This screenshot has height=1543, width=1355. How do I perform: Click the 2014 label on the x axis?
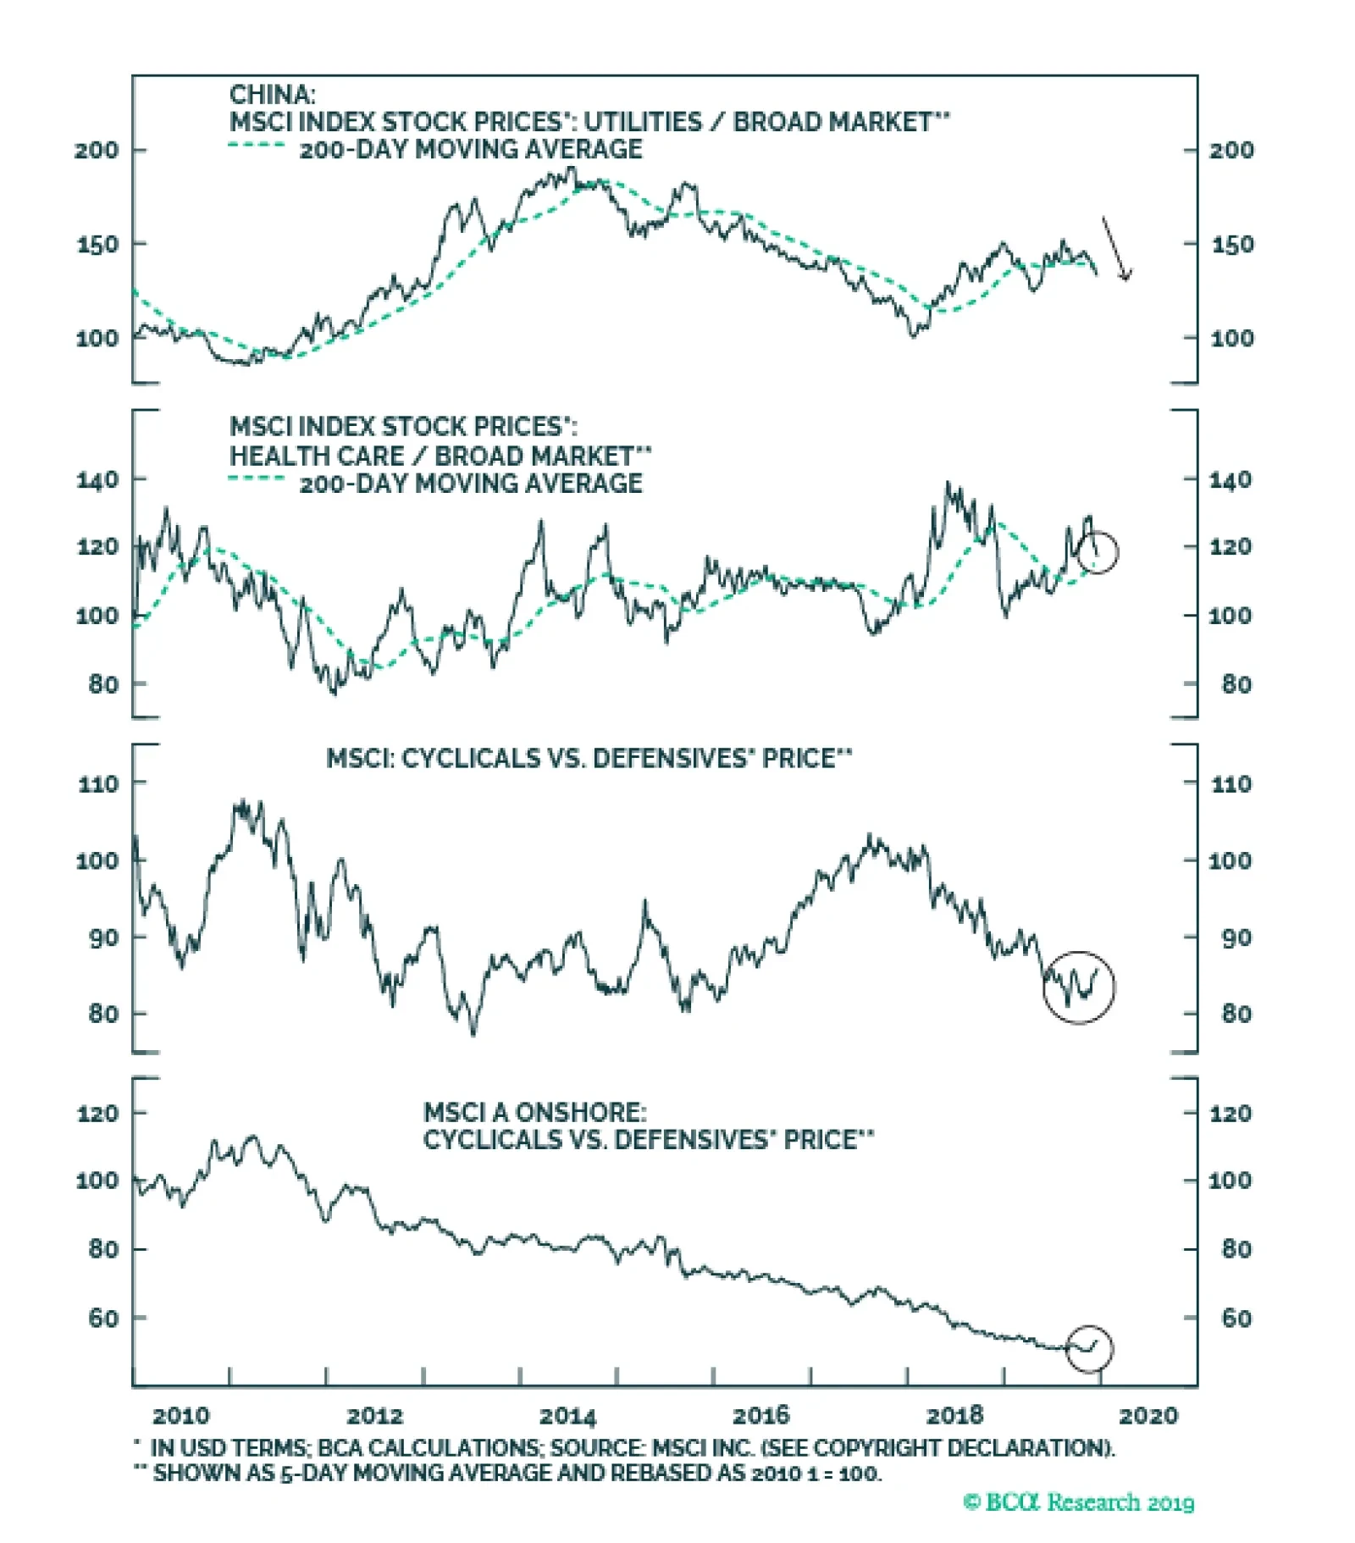pyautogui.click(x=567, y=1415)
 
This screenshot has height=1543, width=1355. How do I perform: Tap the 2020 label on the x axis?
pyautogui.click(x=1148, y=1415)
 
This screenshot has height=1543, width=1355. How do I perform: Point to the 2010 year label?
pyautogui.click(x=180, y=1415)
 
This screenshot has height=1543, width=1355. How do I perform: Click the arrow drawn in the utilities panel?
pyautogui.click(x=1116, y=248)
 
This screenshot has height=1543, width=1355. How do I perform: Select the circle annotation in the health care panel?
pyautogui.click(x=1098, y=552)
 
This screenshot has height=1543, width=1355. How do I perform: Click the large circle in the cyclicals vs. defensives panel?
pyautogui.click(x=1079, y=987)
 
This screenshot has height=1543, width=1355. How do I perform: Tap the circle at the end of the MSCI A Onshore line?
pyautogui.click(x=1088, y=1348)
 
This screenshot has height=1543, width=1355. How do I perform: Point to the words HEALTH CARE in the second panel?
pyautogui.click(x=317, y=456)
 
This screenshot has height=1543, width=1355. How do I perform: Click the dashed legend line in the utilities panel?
pyautogui.click(x=257, y=146)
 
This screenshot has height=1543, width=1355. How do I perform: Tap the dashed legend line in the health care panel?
pyautogui.click(x=257, y=479)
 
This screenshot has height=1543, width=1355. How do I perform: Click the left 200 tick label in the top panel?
pyautogui.click(x=97, y=150)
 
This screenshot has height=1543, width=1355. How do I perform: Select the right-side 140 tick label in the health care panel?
pyautogui.click(x=1230, y=480)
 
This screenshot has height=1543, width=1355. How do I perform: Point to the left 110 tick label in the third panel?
pyautogui.click(x=98, y=783)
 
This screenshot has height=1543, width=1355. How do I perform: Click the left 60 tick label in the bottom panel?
pyautogui.click(x=103, y=1318)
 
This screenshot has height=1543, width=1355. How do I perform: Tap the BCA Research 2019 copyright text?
pyautogui.click(x=1078, y=1502)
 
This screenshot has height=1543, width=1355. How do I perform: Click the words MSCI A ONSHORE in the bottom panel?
pyautogui.click(x=534, y=1112)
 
